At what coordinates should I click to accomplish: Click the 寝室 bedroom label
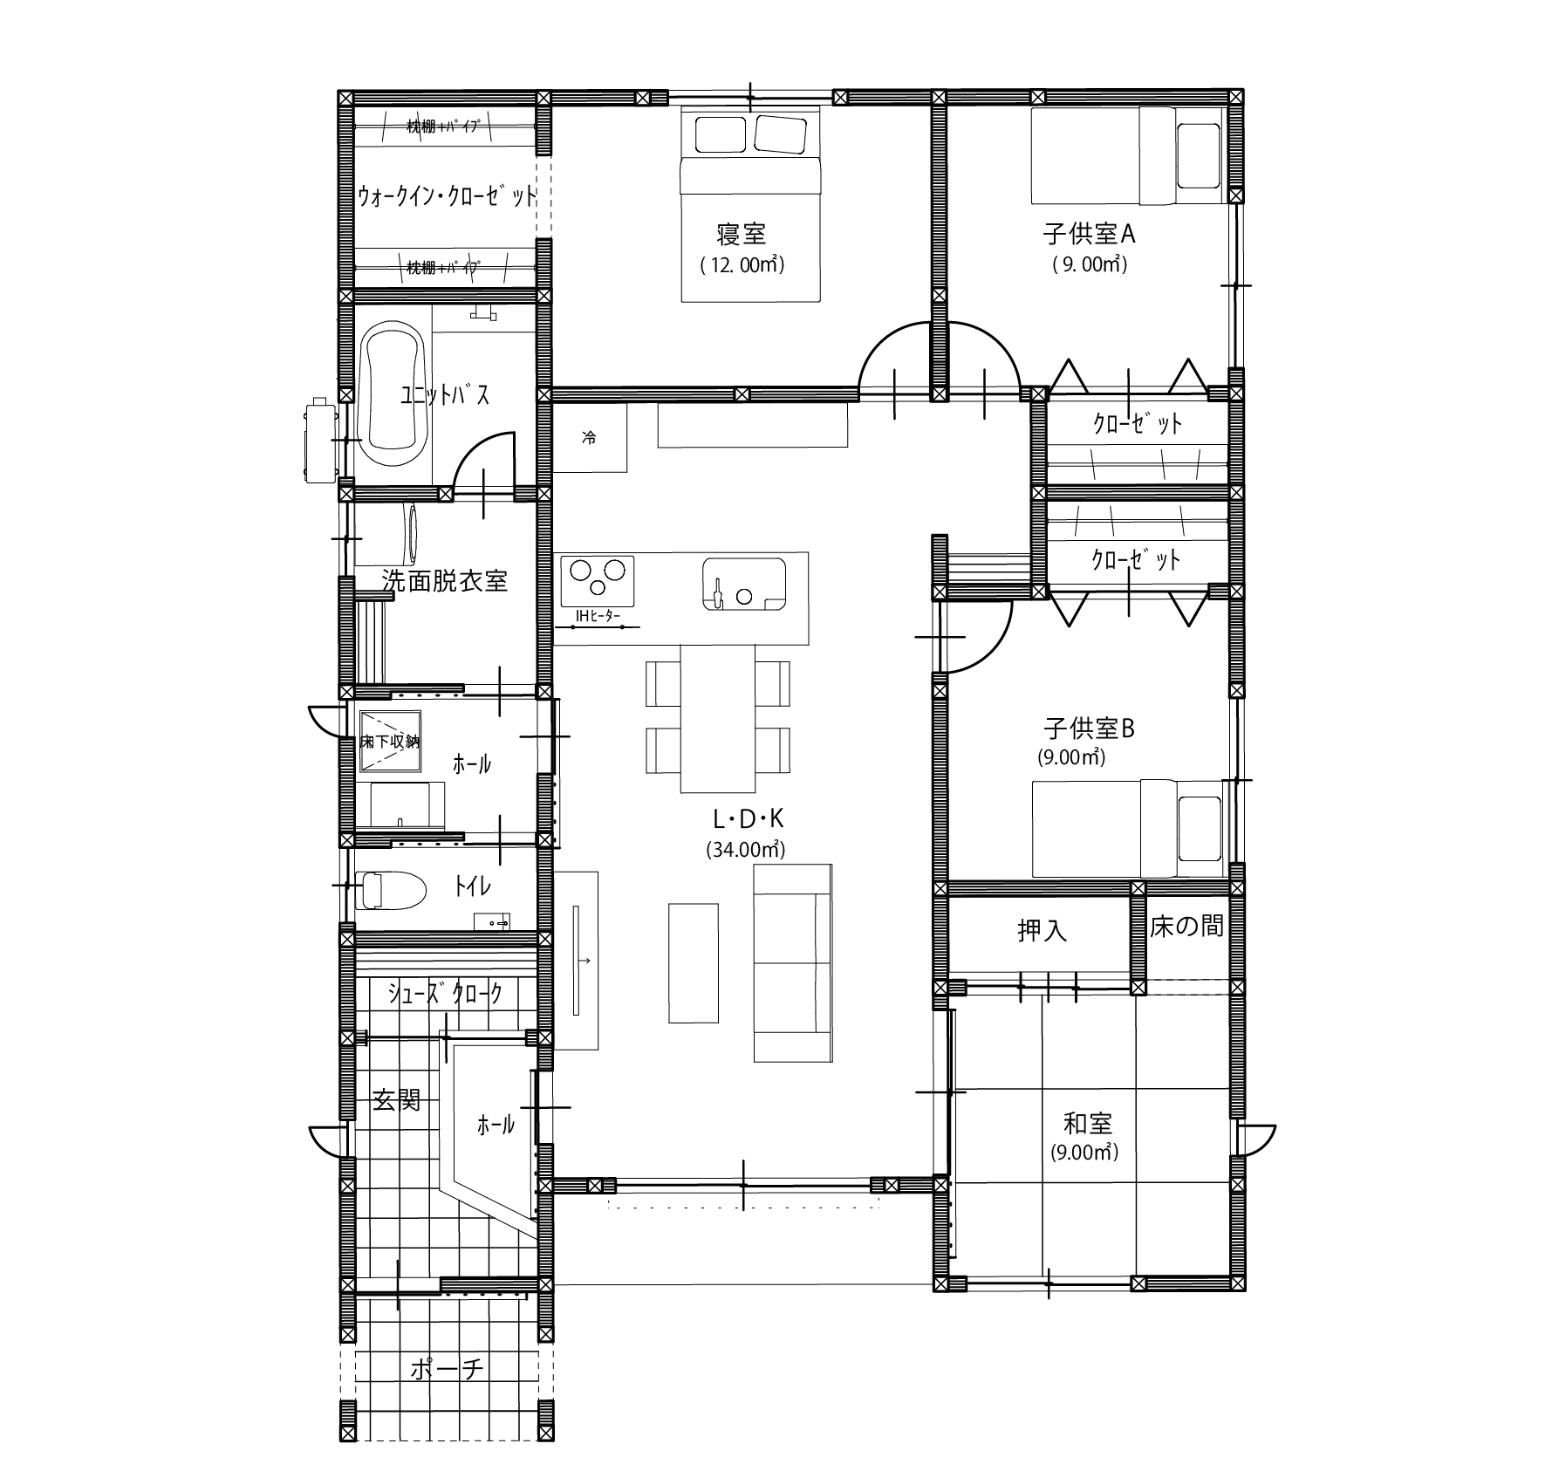(741, 234)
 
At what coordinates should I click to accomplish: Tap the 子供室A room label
(1089, 234)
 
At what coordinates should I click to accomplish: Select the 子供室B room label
(1089, 728)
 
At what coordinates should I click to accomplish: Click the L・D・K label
(748, 818)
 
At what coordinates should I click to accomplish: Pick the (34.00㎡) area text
(746, 849)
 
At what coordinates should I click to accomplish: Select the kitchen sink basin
(743, 584)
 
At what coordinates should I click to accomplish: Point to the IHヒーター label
(597, 617)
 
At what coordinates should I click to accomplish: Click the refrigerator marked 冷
(590, 438)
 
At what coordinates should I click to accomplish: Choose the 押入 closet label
(1042, 931)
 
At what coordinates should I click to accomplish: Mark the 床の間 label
(1186, 926)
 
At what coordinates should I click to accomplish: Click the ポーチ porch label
(447, 1369)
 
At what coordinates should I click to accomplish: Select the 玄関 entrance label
(397, 1100)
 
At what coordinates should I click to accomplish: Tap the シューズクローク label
(446, 993)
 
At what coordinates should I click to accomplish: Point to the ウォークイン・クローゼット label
(447, 195)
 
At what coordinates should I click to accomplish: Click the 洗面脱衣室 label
(445, 580)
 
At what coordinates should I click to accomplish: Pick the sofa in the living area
(792, 963)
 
